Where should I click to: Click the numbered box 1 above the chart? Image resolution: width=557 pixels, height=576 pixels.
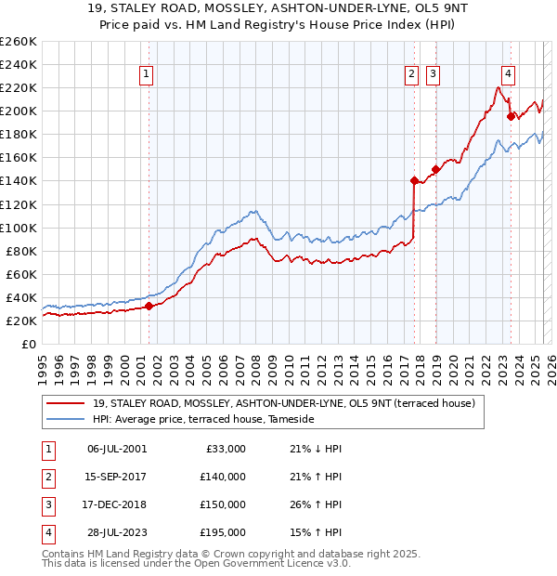pyautogui.click(x=147, y=76)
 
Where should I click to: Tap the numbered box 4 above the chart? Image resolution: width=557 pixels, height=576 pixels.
pyautogui.click(x=509, y=76)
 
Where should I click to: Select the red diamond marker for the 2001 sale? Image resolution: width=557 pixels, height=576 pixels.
pyautogui.click(x=149, y=306)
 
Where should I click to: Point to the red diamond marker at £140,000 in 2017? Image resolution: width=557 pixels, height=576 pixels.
pyautogui.click(x=414, y=180)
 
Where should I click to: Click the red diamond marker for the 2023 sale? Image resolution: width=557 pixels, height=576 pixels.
pyautogui.click(x=510, y=116)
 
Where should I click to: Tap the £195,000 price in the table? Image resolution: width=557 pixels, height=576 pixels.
pyautogui.click(x=223, y=532)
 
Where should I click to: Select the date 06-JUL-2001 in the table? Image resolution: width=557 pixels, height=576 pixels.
pyautogui.click(x=116, y=449)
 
